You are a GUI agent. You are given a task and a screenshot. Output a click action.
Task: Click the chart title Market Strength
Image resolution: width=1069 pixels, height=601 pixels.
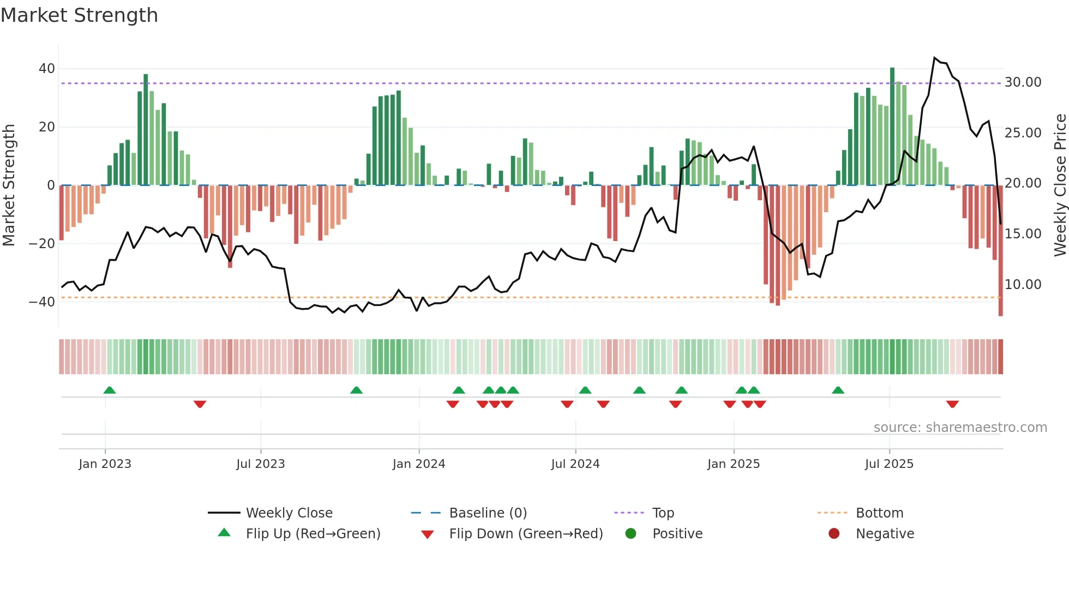(x=79, y=15)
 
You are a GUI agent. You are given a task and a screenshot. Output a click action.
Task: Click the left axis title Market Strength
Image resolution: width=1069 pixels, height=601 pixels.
(x=9, y=185)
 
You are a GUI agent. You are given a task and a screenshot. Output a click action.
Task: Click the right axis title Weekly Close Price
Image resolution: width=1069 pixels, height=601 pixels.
(x=1060, y=185)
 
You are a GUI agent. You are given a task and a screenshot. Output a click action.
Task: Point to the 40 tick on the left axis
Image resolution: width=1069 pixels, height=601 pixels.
(x=47, y=69)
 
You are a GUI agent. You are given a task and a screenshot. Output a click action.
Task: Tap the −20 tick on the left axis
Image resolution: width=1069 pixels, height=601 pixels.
(x=42, y=244)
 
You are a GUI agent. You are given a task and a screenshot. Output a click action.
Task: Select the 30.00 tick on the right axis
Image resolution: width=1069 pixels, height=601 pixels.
(x=1023, y=82)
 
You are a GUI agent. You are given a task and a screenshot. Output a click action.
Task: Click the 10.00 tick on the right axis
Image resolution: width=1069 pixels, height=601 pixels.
(x=1023, y=285)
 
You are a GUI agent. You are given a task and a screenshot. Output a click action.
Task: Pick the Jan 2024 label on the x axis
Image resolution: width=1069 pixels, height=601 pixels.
(x=419, y=464)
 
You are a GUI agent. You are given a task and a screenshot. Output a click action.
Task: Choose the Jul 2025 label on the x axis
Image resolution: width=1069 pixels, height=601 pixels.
(x=889, y=464)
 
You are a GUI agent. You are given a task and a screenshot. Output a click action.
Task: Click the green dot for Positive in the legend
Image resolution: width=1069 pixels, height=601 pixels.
(x=631, y=534)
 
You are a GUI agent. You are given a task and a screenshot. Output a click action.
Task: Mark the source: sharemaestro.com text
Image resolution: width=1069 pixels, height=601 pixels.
(x=960, y=428)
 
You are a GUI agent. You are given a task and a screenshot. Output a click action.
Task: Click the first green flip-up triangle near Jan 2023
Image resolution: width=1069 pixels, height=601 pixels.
(x=110, y=390)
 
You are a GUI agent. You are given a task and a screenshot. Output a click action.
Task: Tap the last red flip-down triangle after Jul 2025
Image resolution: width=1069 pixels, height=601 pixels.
(x=952, y=404)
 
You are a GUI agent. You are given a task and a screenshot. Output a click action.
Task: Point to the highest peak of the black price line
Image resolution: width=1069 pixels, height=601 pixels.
(x=934, y=57)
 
